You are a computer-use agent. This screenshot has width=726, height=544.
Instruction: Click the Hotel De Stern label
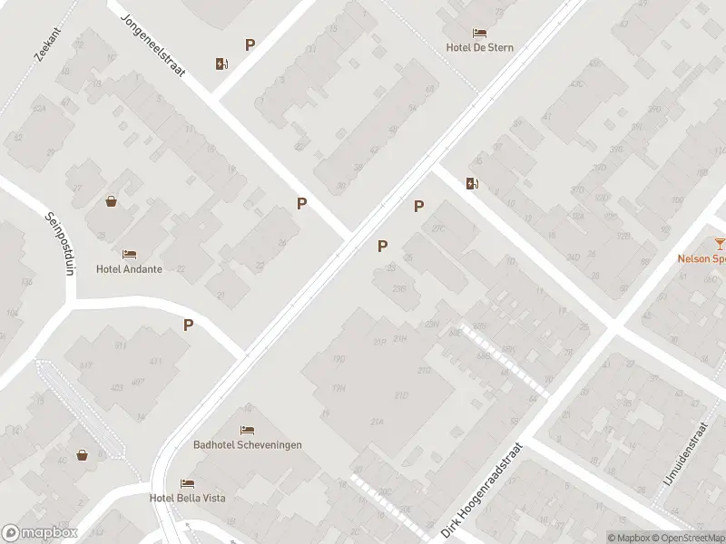pyautogui.click(x=480, y=47)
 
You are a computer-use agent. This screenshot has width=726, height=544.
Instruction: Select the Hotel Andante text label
pyautogui.click(x=129, y=269)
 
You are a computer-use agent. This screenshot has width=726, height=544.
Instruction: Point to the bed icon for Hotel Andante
pyautogui.click(x=129, y=255)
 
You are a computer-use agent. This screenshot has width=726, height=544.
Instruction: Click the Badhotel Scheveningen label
pyautogui.click(x=248, y=445)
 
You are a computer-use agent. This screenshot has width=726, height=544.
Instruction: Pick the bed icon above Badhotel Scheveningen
pyautogui.click(x=247, y=430)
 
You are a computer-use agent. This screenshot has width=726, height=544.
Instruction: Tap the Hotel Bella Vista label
pyautogui.click(x=188, y=498)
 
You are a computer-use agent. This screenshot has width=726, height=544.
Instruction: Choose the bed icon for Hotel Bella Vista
pyautogui.click(x=187, y=483)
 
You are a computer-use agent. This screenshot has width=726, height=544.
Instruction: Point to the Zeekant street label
pyautogui.click(x=46, y=43)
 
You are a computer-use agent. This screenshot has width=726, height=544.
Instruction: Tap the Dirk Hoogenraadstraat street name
pyautogui.click(x=482, y=491)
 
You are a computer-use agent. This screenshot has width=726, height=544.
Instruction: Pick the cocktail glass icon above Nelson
pyautogui.click(x=719, y=243)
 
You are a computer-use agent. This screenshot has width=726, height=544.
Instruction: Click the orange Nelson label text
pyautogui.click(x=701, y=257)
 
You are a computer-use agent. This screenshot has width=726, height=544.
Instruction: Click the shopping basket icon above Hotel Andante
pyautogui.click(x=111, y=201)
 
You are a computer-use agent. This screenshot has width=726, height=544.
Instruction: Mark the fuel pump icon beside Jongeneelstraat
pyautogui.click(x=221, y=63)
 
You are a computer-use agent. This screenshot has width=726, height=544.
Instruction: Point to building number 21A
pyautogui.click(x=378, y=423)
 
